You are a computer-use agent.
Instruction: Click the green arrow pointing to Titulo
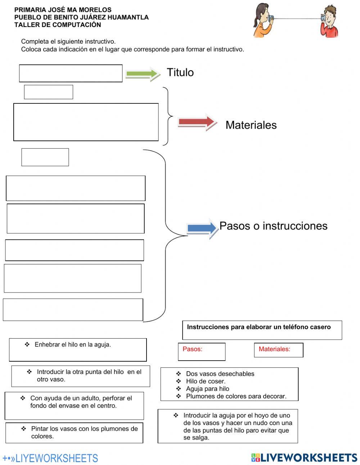click(143, 74)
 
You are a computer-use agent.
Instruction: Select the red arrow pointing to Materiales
click(197, 122)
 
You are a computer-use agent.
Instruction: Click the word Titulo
click(180, 72)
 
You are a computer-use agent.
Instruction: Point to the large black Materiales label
click(251, 125)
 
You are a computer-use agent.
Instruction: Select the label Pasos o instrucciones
click(273, 226)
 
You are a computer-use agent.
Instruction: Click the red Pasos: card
click(201, 352)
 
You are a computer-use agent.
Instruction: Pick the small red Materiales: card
click(278, 350)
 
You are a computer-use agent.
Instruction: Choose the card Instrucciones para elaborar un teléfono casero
click(262, 330)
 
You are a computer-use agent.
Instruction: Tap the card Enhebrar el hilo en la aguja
click(78, 349)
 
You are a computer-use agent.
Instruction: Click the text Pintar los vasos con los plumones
click(84, 432)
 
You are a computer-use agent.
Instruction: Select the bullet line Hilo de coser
click(206, 381)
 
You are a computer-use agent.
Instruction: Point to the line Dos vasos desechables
click(220, 374)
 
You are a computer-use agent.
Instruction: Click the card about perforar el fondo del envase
click(74, 405)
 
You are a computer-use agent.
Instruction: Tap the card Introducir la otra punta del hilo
click(81, 376)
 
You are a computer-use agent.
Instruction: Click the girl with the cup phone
click(262, 21)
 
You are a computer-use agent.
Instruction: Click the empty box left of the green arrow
click(71, 73)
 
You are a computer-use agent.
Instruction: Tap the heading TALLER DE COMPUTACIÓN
click(58, 25)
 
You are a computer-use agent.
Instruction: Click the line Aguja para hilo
click(207, 389)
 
